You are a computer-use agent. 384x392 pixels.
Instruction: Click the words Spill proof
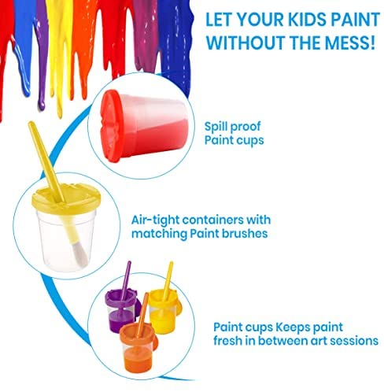(232, 127)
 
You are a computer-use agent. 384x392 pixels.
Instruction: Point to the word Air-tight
(155, 220)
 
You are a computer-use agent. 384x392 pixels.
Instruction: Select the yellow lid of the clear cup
(66, 199)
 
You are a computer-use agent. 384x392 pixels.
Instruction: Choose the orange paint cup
(138, 346)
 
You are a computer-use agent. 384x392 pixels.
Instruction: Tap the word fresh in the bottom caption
(227, 341)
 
